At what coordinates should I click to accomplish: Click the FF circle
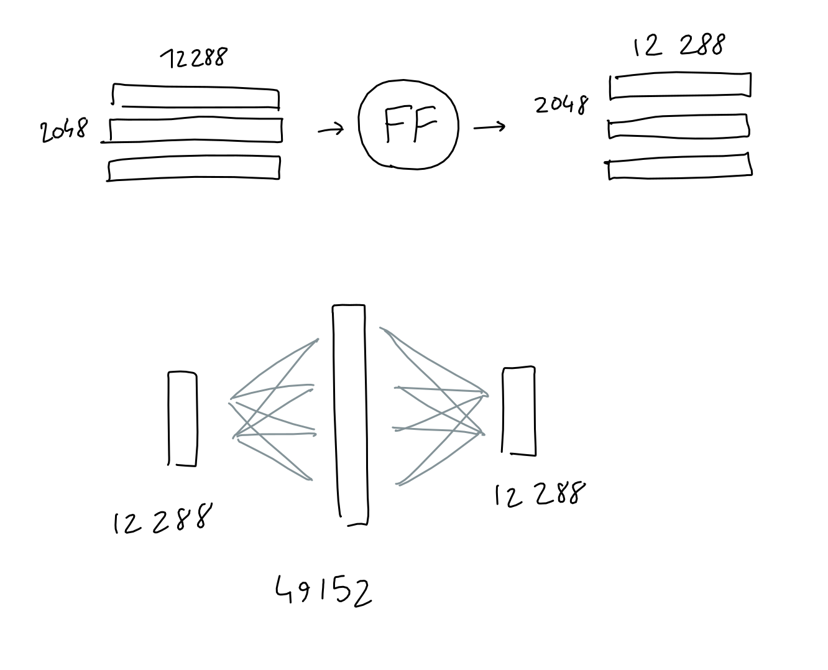(x=408, y=124)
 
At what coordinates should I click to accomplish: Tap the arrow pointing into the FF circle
(x=330, y=130)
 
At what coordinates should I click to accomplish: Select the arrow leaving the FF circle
(x=489, y=128)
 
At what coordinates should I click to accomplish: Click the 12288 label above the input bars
(x=194, y=58)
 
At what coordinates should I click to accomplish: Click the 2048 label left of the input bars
(x=64, y=131)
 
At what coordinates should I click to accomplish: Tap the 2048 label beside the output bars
(x=561, y=105)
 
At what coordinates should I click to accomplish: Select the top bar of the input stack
(x=196, y=96)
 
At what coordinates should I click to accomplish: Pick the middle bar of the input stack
(x=196, y=130)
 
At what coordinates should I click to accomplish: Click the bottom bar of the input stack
(x=194, y=169)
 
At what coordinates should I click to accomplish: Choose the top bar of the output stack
(x=680, y=86)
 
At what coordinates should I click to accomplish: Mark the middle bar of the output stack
(x=678, y=126)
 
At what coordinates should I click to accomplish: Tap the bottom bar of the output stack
(x=679, y=166)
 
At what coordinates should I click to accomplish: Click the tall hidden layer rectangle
(x=349, y=414)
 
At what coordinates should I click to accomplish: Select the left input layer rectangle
(x=183, y=418)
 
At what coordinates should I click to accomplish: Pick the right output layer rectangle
(x=519, y=411)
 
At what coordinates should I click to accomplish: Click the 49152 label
(x=324, y=590)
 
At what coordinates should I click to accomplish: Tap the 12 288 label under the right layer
(x=539, y=495)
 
